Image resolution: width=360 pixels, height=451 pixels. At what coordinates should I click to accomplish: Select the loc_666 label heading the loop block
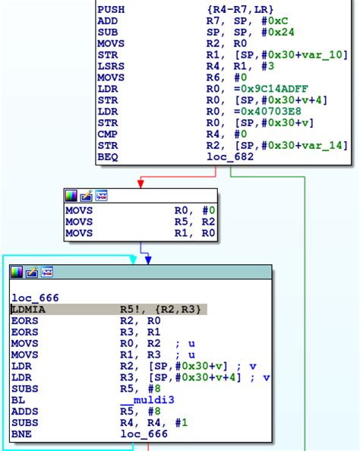35,298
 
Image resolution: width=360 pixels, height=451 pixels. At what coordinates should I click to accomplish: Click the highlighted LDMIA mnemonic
29,310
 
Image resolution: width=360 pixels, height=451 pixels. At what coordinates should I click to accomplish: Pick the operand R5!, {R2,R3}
163,310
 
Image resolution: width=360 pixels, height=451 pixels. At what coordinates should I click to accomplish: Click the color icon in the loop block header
17,272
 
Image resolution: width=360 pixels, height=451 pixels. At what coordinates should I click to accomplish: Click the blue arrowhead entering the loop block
148,260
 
